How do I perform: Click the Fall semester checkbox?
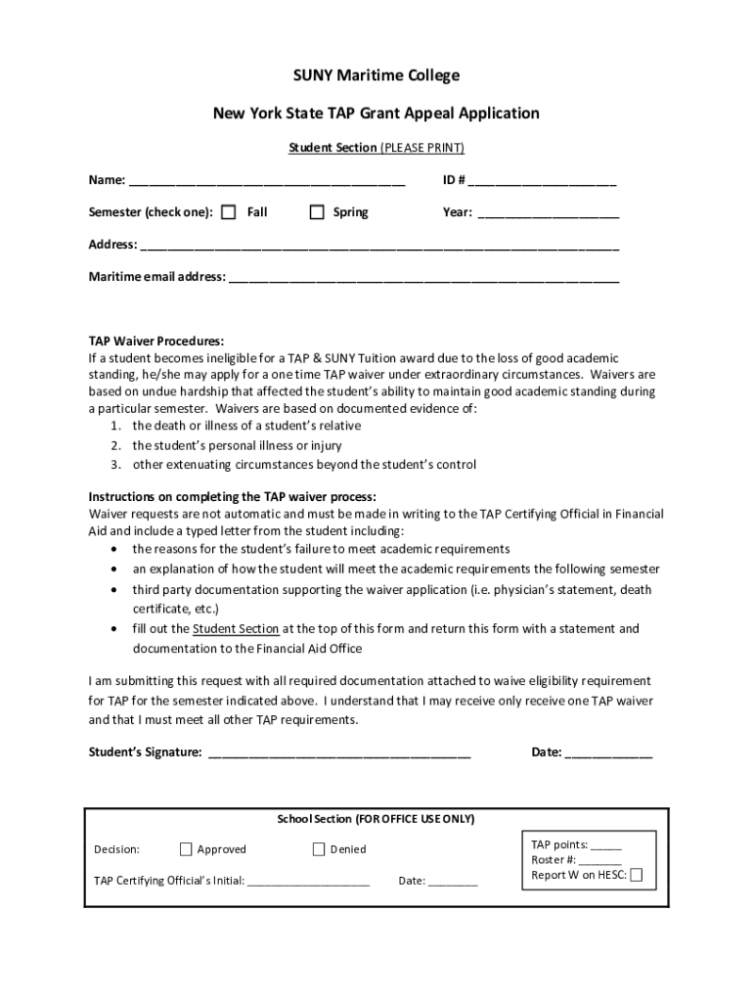(228, 212)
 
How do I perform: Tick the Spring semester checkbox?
(316, 212)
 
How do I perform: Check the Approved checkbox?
(186, 849)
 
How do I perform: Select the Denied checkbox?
(318, 849)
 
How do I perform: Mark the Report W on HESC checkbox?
(637, 875)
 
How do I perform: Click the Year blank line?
(548, 213)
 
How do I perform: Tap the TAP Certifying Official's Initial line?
(309, 882)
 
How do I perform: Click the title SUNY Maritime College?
(376, 75)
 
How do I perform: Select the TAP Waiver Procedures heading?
(156, 342)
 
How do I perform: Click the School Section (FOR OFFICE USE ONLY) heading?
(376, 819)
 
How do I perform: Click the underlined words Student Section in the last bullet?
(236, 628)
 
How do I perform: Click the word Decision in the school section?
(116, 849)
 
